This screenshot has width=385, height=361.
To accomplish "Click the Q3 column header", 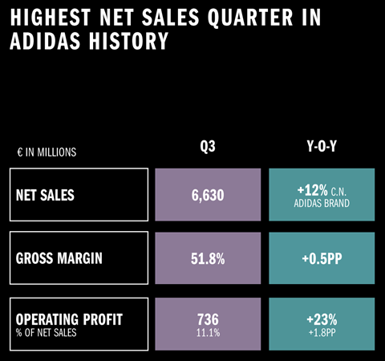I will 208,147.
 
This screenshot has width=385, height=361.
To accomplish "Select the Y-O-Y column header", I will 321,147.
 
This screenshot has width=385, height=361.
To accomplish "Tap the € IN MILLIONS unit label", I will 46,152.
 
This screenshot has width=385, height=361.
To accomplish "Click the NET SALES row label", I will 51,195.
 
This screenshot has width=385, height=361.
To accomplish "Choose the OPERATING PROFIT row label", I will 70,319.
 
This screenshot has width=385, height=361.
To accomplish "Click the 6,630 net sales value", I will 208,195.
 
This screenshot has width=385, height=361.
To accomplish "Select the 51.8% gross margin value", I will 208,258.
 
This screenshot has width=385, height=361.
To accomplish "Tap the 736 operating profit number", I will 208,318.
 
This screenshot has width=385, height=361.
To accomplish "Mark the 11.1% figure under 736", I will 208,332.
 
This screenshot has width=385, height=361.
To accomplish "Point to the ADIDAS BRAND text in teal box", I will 322,203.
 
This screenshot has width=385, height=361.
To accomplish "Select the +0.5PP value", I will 322,258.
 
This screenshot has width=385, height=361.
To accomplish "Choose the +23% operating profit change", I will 322,318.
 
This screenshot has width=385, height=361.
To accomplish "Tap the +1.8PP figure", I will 322,332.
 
